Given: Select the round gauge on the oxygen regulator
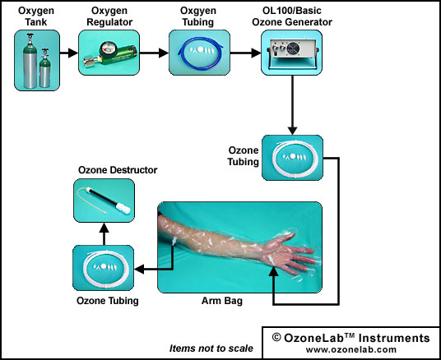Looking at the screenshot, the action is (106, 48).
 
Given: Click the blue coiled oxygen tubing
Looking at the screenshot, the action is (201, 53).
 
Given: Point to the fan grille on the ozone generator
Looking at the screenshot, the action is (294, 48).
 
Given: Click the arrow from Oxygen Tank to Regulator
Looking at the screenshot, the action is (69, 53).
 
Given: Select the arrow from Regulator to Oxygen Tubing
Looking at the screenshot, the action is (154, 53).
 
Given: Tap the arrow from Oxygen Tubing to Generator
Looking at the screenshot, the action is (245, 53).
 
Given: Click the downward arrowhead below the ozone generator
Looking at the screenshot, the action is (293, 131).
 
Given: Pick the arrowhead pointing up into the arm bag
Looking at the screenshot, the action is (273, 271).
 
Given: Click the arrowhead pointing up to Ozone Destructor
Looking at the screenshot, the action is (104, 228).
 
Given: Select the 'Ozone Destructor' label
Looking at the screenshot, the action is (118, 170).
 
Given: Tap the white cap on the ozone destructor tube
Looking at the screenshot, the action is (123, 207).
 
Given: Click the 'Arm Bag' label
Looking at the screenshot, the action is (222, 301).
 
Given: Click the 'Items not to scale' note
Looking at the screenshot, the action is (211, 348).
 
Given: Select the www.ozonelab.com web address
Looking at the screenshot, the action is (351, 349).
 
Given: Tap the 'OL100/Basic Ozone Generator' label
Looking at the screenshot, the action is (292, 16).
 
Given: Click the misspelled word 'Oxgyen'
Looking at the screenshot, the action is (198, 11).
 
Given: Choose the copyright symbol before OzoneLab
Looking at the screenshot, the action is (276, 338).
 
